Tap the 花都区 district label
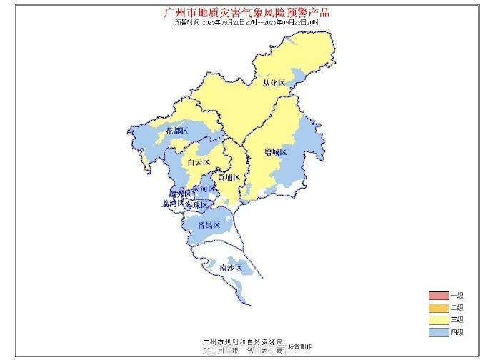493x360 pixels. pyautogui.click(x=176, y=131)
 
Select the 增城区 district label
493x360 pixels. pyautogui.click(x=275, y=152)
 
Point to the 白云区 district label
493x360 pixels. pyautogui.click(x=198, y=163)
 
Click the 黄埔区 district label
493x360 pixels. pyautogui.click(x=229, y=177)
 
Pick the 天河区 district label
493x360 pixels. pyautogui.click(x=204, y=189)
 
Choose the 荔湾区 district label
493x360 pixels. pyautogui.click(x=173, y=204)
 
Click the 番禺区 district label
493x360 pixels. pyautogui.click(x=209, y=226)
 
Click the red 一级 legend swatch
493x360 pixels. pyautogui.click(x=437, y=296)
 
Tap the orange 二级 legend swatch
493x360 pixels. pyautogui.click(x=437, y=308)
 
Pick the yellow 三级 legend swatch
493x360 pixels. pyautogui.click(x=437, y=319)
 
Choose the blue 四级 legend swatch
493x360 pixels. pyautogui.click(x=437, y=331)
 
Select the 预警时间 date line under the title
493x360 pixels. pyautogui.click(x=246, y=22)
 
